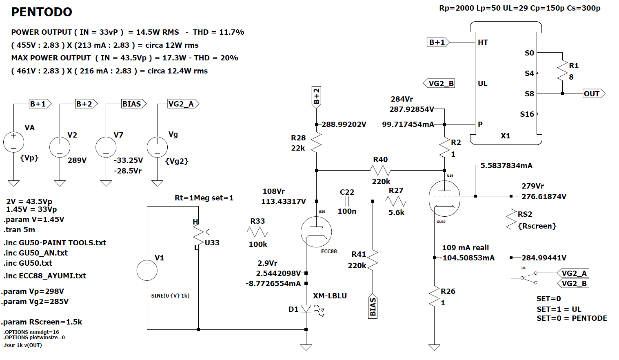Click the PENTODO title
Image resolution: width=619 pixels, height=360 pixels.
[x=42, y=12]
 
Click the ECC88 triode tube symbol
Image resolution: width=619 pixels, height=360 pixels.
[x=316, y=232]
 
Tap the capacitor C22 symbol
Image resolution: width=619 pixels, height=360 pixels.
[x=347, y=201]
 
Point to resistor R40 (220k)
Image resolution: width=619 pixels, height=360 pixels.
[x=380, y=170]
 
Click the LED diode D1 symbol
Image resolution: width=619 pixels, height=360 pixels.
[x=306, y=309]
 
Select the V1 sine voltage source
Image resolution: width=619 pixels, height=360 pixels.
[x=147, y=270]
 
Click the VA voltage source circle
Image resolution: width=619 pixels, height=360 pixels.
[x=13, y=142]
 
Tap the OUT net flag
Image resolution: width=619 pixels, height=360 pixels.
[x=594, y=94]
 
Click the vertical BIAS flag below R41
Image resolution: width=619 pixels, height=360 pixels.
[x=373, y=307]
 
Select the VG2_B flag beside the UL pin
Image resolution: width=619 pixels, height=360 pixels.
[x=439, y=83]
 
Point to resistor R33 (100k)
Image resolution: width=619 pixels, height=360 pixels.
[x=257, y=232]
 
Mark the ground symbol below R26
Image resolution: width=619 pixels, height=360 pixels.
[x=434, y=347]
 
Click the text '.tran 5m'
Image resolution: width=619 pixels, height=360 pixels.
[x=19, y=230]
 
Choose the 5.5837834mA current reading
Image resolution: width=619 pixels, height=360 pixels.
[x=506, y=166]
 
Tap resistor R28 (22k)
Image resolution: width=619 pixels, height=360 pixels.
[x=316, y=142]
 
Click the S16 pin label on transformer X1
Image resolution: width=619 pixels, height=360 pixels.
[x=527, y=114]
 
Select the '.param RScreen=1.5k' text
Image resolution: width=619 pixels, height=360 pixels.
[x=42, y=322]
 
